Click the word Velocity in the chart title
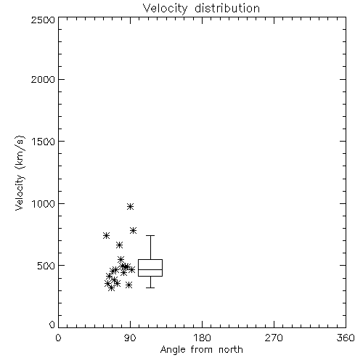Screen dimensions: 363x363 click(x=165, y=9)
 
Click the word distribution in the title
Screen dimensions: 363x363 click(x=227, y=8)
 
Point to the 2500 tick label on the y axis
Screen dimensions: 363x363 click(x=43, y=20)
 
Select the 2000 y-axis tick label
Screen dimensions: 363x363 click(x=43, y=79)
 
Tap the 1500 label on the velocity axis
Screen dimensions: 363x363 click(x=44, y=142)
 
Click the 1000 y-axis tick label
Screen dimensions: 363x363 click(x=44, y=204)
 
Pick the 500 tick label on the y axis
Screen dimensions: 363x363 click(x=46, y=266)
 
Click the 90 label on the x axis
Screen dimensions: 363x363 click(x=131, y=338)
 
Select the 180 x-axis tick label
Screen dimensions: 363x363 click(x=202, y=338)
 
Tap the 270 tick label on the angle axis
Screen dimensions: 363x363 click(x=274, y=338)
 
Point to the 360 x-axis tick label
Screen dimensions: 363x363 click(x=346, y=338)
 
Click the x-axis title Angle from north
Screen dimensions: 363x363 click(x=202, y=350)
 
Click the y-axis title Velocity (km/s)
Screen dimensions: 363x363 click(x=20, y=173)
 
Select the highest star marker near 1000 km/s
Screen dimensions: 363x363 click(x=131, y=206)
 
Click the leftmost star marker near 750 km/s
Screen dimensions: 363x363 click(x=106, y=235)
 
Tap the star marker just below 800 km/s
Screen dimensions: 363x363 click(x=133, y=230)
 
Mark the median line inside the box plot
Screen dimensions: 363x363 click(x=150, y=269)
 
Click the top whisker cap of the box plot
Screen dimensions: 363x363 click(x=150, y=235)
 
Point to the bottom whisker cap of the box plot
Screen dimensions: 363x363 click(x=150, y=287)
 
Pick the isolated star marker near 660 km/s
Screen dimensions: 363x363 click(x=119, y=245)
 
